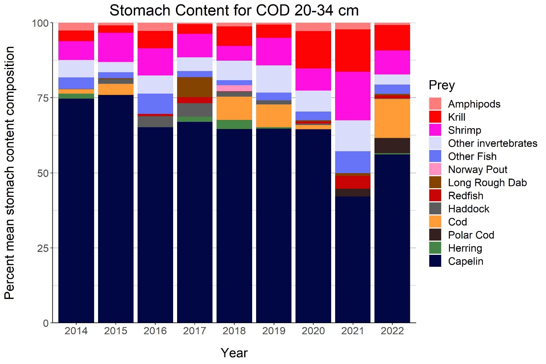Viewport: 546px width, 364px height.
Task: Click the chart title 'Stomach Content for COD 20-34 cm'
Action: (234, 10)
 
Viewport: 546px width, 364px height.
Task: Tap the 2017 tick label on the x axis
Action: (195, 331)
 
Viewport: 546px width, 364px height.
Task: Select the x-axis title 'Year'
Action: (234, 352)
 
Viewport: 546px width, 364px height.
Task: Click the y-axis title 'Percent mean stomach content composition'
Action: (10, 173)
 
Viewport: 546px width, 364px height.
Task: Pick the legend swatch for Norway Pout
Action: (435, 169)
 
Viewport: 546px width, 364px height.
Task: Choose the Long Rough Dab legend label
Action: (487, 183)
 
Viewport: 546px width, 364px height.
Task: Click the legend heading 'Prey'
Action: (442, 85)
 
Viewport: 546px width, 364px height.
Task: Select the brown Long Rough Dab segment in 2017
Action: (195, 87)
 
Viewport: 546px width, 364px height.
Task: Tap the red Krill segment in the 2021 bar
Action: (353, 50)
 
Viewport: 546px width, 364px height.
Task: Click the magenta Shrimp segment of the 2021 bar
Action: (353, 96)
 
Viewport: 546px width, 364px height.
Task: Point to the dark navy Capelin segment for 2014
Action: (76, 210)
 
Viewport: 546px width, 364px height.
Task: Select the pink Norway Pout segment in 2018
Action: (234, 88)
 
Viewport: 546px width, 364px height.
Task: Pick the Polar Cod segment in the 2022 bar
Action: (392, 145)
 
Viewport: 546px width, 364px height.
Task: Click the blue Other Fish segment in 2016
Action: (155, 104)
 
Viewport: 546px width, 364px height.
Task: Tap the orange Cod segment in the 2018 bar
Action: (234, 108)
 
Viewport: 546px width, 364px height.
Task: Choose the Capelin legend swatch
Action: (435, 261)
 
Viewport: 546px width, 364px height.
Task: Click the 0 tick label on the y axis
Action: (46, 323)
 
